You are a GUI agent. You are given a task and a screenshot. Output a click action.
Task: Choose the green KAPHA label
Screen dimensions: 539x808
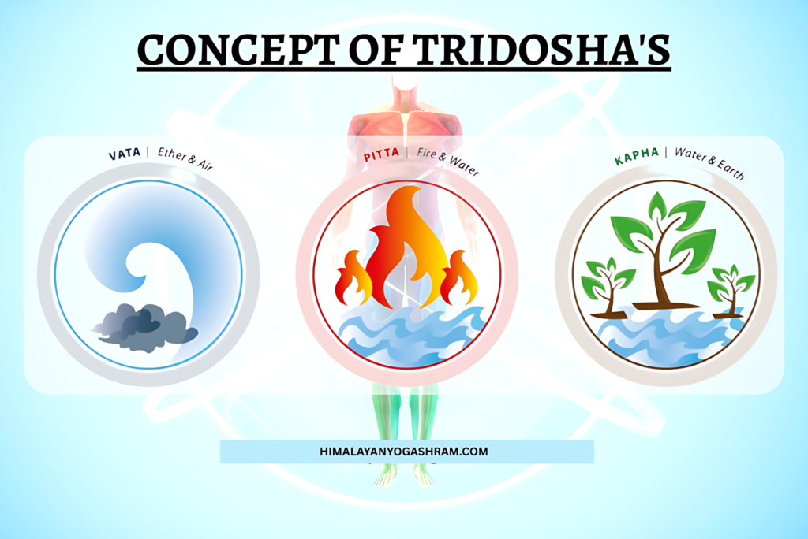(x=635, y=159)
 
